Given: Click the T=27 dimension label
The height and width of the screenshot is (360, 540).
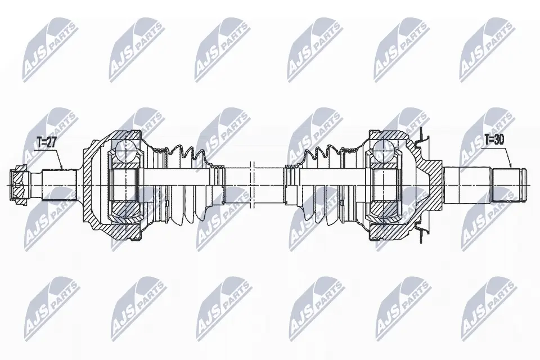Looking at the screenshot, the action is point(46,143).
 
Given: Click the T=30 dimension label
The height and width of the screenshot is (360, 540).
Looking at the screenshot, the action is point(494,139).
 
